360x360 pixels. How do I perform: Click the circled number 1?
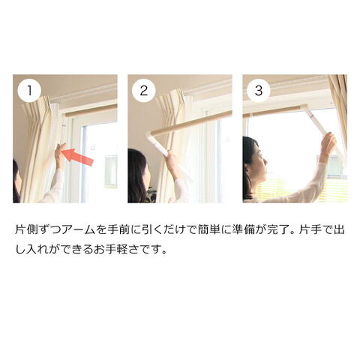pyautogui.click(x=29, y=90)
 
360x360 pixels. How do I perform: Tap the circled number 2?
pyautogui.click(x=144, y=90)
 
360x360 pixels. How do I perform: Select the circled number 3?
pyautogui.click(x=259, y=90)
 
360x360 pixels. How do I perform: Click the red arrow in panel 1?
pyautogui.click(x=77, y=157)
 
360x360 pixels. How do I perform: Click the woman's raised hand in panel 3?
pyautogui.click(x=328, y=144)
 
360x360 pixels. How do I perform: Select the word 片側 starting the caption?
pyautogui.click(x=26, y=230)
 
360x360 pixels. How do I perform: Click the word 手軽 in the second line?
pyautogui.click(x=118, y=250)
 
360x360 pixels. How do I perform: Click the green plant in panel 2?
pyautogui.click(x=151, y=194)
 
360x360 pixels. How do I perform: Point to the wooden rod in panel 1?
pyautogui.click(x=91, y=110)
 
